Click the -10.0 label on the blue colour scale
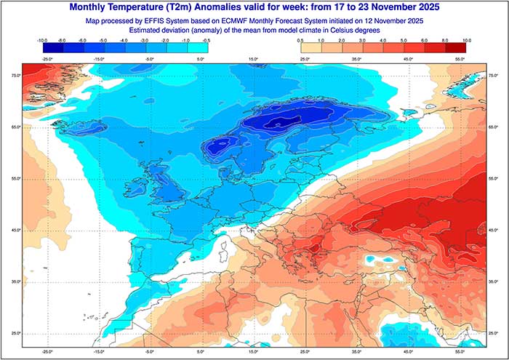point(41,41)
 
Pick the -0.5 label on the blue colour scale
point(207,41)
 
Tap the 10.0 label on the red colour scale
point(466,41)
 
